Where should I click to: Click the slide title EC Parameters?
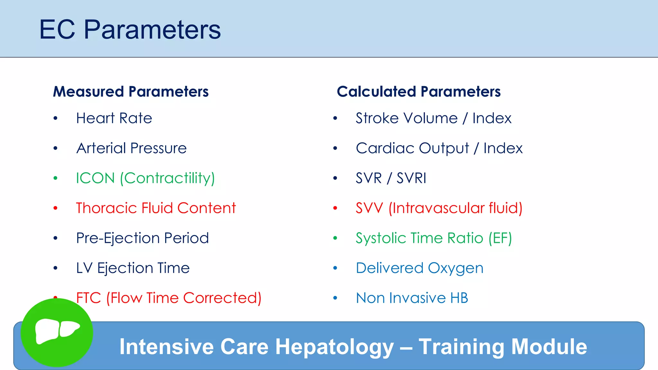pyautogui.click(x=130, y=30)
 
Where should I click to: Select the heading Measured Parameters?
pyautogui.click(x=131, y=92)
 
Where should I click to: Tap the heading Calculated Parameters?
pyautogui.click(x=418, y=92)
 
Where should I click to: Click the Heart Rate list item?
pyautogui.click(x=114, y=118)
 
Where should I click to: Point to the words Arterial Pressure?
pyautogui.click(x=131, y=148)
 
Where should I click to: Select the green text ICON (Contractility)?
pyautogui.click(x=145, y=178)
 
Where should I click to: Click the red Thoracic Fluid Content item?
pyautogui.click(x=156, y=208)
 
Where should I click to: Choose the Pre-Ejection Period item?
pyautogui.click(x=142, y=238)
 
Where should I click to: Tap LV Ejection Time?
pyautogui.click(x=133, y=268)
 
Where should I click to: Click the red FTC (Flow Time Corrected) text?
pyautogui.click(x=169, y=298)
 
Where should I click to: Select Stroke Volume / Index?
pyautogui.click(x=433, y=118)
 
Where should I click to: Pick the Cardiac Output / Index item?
pyautogui.click(x=439, y=148)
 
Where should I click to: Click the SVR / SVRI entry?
pyautogui.click(x=391, y=178)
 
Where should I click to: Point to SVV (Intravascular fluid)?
pyautogui.click(x=439, y=208)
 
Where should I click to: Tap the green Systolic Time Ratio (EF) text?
pyautogui.click(x=433, y=238)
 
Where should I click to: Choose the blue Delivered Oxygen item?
pyautogui.click(x=419, y=268)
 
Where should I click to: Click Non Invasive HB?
pyautogui.click(x=412, y=298)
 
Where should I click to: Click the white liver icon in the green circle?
pyautogui.click(x=57, y=331)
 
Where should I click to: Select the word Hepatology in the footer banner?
pyautogui.click(x=334, y=347)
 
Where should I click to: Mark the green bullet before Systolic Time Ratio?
pyautogui.click(x=335, y=238)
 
